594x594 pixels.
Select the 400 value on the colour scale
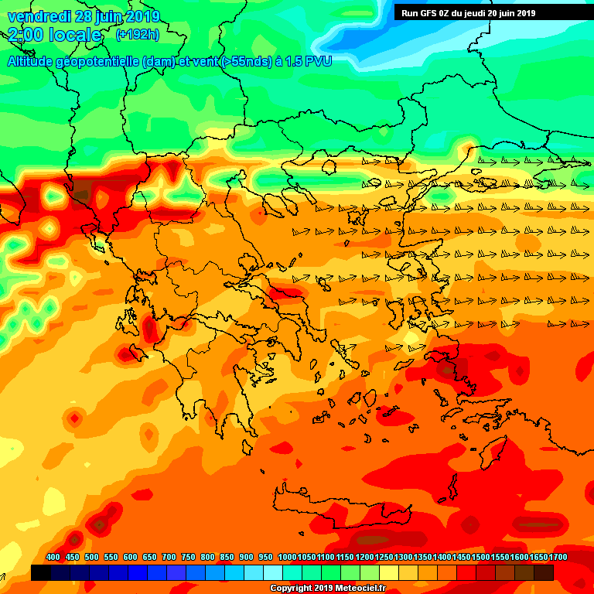53,557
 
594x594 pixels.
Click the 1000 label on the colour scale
288,557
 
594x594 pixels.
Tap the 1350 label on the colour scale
423,557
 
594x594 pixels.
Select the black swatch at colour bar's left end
41,572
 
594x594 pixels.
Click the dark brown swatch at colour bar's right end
544,572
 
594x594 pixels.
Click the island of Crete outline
340,503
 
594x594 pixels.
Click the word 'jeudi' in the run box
481,12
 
